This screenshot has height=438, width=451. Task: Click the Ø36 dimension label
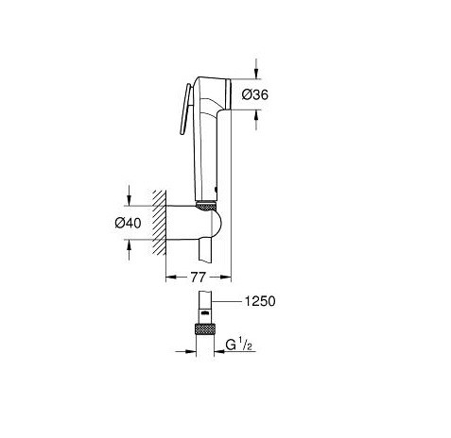coord(255,94)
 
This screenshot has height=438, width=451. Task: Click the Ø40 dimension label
coord(128,223)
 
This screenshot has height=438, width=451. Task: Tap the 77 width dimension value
coord(199,278)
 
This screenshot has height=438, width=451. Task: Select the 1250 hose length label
coord(260,301)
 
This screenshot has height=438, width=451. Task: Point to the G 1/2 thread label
coord(239,345)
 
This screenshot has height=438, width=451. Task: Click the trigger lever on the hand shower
coord(184,109)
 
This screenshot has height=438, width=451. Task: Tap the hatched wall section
coord(160,222)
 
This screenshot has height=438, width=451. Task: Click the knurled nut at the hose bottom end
coord(204,329)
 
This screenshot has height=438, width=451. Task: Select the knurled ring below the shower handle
coord(206,206)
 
